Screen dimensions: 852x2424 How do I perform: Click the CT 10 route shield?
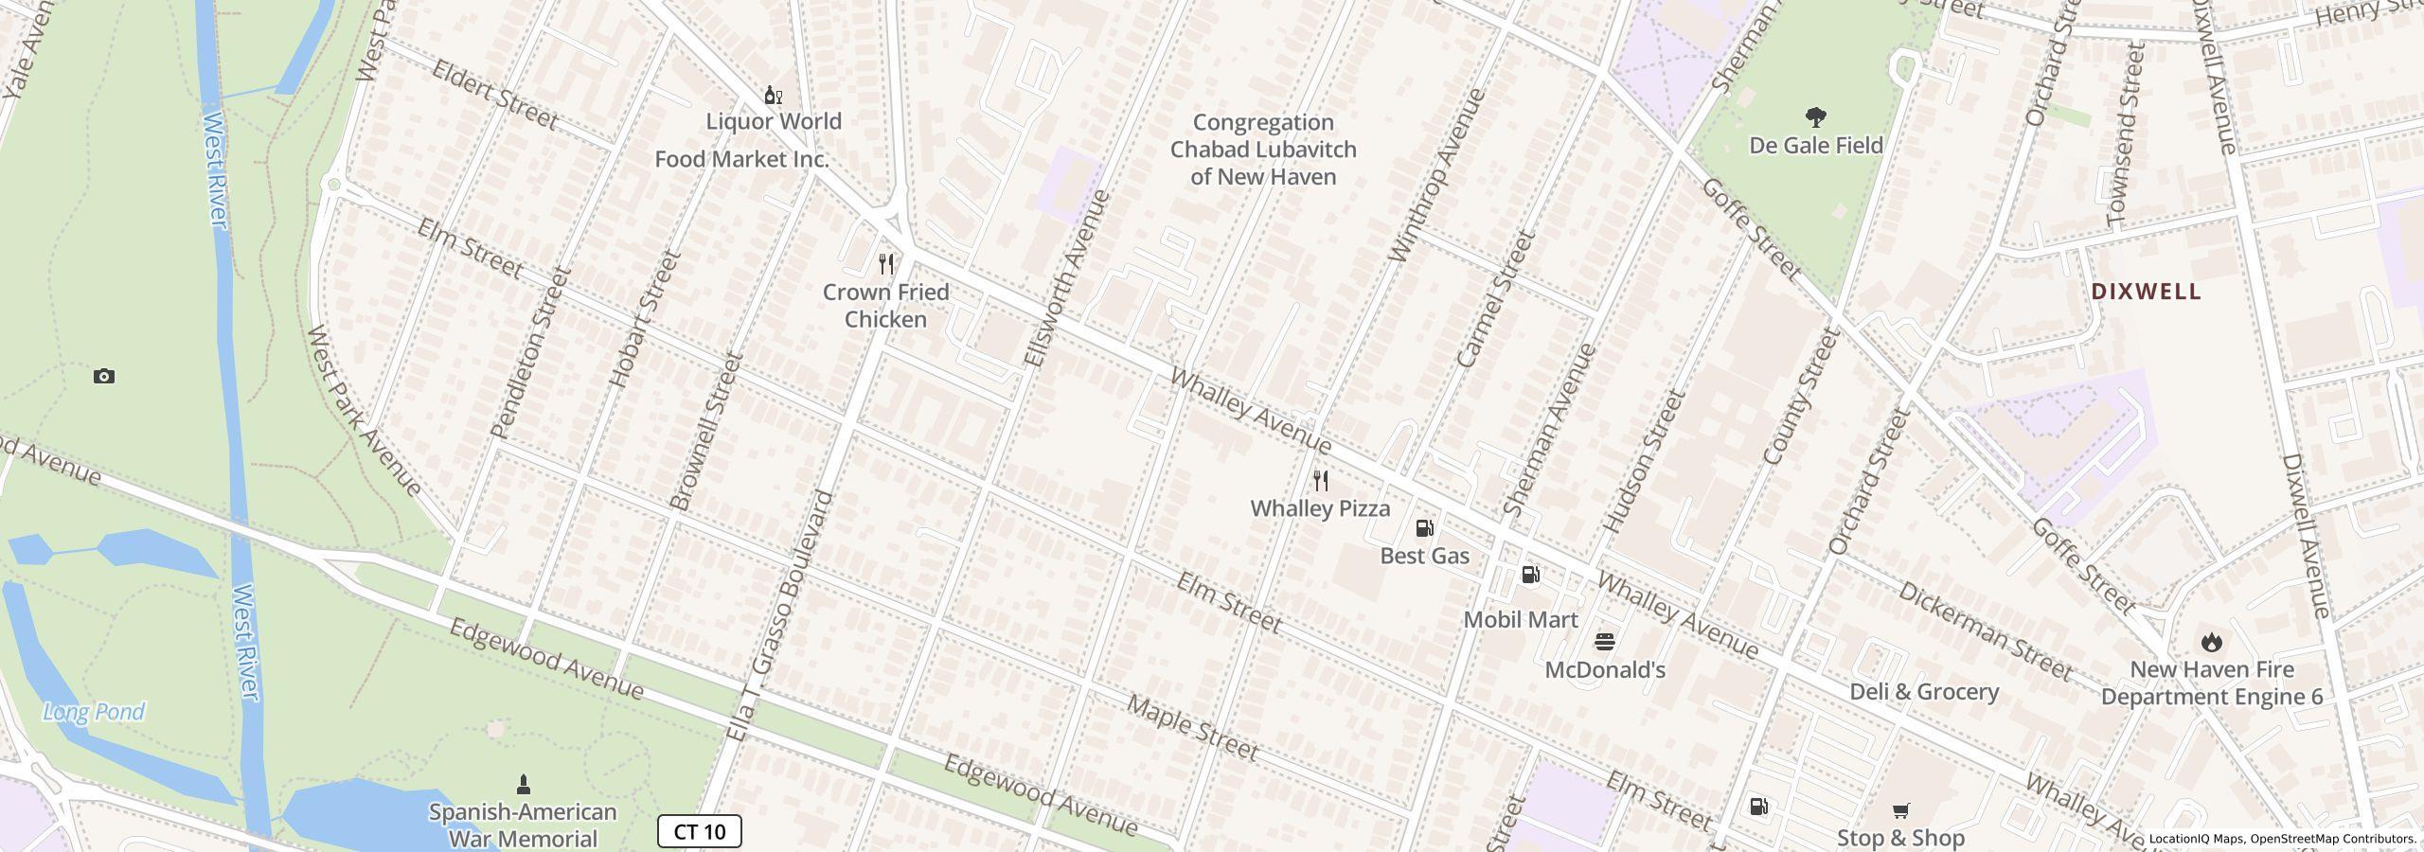tap(699, 831)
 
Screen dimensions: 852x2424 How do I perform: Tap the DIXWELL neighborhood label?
tap(2146, 292)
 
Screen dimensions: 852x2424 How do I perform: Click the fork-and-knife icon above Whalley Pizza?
tap(1321, 481)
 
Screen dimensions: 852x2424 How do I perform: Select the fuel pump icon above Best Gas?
tap(1424, 528)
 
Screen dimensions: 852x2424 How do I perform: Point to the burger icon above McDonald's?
tap(1604, 642)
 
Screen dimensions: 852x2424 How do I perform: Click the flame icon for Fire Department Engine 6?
tap(2211, 642)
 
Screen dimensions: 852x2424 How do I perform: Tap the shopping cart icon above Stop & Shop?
tap(1899, 810)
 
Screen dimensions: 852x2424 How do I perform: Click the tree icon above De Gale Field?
tap(1815, 117)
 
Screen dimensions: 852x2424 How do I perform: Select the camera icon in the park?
tap(104, 377)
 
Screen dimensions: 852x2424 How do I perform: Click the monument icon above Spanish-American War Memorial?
tap(523, 784)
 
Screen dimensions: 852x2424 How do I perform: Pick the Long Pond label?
tap(94, 712)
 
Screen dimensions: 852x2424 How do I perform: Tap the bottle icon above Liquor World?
tap(773, 95)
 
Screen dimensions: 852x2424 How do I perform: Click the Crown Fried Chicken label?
tap(885, 306)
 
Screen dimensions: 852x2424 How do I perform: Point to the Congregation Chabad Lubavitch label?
tap(1263, 150)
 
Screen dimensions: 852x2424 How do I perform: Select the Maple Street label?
tap(1192, 729)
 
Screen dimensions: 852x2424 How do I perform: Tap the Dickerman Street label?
tap(1985, 630)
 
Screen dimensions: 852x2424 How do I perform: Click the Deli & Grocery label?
tap(1924, 692)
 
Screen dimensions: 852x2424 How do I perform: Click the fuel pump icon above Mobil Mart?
tap(1530, 575)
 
